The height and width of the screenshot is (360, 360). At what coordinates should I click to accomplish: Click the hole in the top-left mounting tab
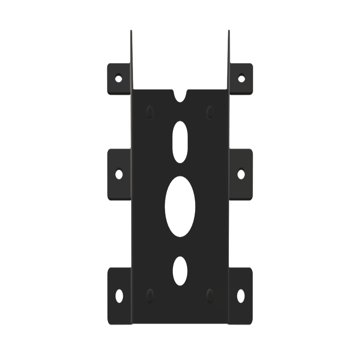point(119,79)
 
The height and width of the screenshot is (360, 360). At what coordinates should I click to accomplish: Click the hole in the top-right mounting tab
point(241,79)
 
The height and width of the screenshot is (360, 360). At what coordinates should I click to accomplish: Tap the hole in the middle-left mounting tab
point(119,174)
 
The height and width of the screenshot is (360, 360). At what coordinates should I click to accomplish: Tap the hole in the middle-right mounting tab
point(241,174)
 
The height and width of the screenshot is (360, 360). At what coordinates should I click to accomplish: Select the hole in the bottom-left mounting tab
point(119,295)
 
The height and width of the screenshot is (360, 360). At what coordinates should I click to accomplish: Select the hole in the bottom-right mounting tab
point(241,295)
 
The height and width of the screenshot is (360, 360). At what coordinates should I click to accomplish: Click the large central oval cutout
point(180,207)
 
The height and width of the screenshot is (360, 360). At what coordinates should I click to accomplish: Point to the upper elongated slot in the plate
point(180,142)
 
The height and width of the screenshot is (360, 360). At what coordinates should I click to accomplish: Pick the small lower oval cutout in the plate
point(180,271)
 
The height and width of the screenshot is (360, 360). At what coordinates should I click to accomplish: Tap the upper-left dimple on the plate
point(150,112)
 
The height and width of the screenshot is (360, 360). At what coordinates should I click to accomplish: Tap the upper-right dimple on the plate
point(210,112)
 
